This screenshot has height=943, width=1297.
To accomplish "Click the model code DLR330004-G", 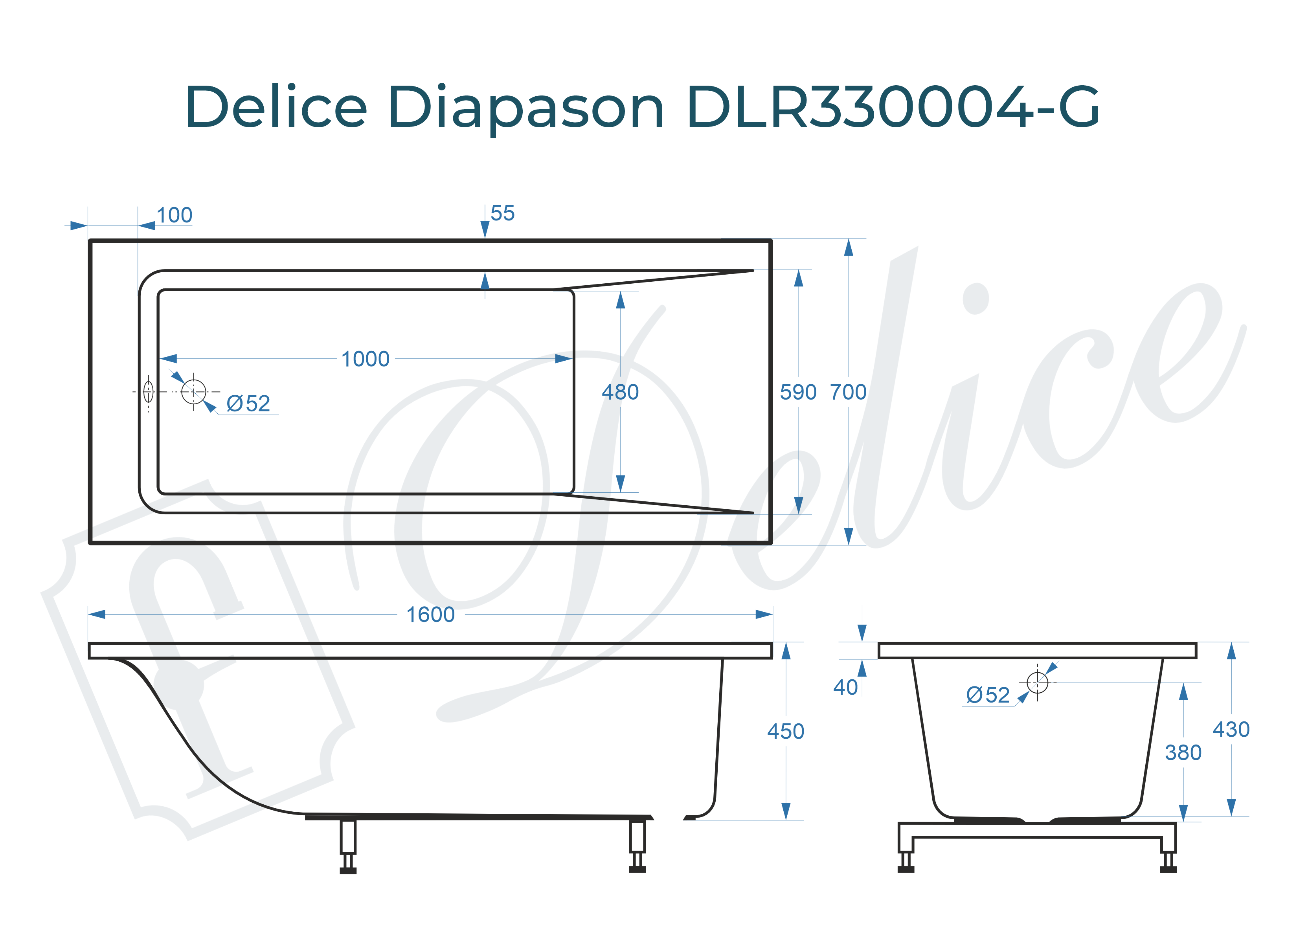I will (892, 107).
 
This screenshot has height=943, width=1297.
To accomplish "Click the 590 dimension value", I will (798, 392).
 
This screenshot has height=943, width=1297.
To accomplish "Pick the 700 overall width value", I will (848, 392).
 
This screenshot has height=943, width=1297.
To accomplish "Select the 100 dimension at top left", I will (175, 216).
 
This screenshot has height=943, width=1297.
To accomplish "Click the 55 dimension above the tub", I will (502, 213).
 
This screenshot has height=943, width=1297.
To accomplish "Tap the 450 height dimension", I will (785, 731).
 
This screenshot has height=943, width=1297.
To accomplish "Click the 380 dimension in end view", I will (1183, 752).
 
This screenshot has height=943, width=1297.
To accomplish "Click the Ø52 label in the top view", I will (248, 404).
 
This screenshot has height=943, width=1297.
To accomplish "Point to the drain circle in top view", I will (193, 392).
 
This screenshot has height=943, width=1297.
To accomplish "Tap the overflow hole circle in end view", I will (1037, 682).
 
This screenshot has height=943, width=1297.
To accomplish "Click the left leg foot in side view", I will (348, 870).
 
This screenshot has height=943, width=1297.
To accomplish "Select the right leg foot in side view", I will (637, 869).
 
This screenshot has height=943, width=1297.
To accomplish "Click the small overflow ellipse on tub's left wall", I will (148, 392).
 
